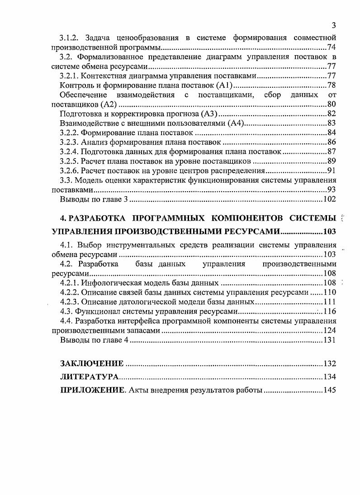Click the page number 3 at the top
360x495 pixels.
[x=333, y=25]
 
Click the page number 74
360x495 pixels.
[x=331, y=47]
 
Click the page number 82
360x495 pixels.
[x=331, y=113]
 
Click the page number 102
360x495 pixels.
[x=330, y=199]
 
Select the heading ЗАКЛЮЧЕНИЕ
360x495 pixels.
[x=92, y=363]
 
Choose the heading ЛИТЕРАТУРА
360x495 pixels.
[x=90, y=377]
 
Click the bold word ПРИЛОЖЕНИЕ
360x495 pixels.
[x=93, y=391]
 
